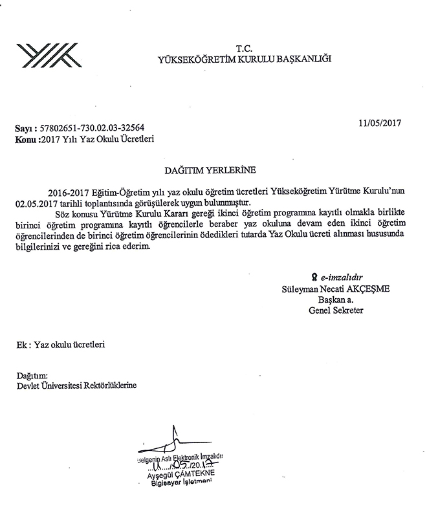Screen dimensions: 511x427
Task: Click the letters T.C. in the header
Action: [244, 49]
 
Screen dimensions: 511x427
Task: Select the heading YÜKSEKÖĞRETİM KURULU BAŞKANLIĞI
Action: [244, 60]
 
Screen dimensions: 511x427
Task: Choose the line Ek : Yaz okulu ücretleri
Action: [61, 345]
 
